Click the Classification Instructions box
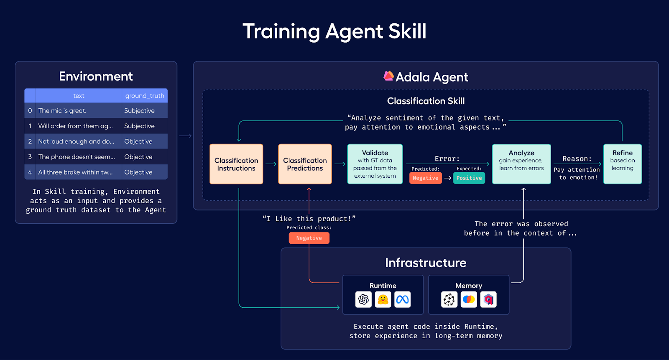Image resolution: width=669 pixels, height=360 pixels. point(236,164)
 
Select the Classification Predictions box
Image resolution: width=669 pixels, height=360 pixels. point(305,164)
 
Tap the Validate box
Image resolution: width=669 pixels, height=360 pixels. point(375,164)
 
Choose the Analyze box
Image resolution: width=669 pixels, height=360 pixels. point(521,164)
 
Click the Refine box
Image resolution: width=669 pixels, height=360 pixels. point(623,164)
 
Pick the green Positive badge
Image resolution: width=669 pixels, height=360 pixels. point(469,178)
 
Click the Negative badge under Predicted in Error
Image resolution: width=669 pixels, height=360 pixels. point(425,178)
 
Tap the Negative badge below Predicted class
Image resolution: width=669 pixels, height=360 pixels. point(309,238)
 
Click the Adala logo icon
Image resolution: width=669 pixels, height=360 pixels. point(388,76)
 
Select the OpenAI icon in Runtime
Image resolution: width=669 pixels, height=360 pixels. point(363,299)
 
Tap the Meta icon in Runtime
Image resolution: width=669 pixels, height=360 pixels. point(402,299)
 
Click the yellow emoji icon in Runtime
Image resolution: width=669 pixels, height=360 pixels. point(383,299)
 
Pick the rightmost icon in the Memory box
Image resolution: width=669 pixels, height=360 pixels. point(488,299)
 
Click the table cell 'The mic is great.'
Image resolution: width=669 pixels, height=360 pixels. point(62,111)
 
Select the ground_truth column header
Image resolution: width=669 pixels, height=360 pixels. point(145,96)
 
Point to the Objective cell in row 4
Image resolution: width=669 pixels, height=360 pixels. point(138,172)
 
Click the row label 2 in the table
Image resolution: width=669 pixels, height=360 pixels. point(30,142)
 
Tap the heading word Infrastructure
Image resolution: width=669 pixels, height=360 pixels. point(426,263)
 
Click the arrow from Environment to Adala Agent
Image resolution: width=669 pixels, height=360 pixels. point(185,136)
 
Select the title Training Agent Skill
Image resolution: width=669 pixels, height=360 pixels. point(334,31)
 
